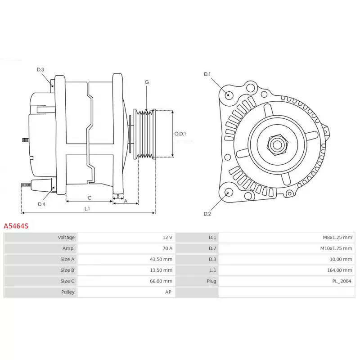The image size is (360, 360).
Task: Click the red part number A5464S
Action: [16, 226]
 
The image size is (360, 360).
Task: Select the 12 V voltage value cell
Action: [167, 238]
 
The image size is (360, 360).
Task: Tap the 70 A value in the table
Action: [167, 248]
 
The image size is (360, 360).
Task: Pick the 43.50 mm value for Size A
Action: [161, 259]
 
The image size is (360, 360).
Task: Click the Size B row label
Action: [67, 270]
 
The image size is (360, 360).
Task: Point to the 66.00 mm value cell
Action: [161, 281]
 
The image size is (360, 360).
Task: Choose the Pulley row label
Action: [68, 292]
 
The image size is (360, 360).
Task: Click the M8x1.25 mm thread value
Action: [337, 238]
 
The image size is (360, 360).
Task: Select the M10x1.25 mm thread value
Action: [336, 248]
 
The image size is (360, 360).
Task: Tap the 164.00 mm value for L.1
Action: [339, 270]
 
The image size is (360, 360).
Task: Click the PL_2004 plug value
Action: [342, 281]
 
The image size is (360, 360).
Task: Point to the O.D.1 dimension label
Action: [180, 134]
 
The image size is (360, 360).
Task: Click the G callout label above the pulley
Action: [147, 82]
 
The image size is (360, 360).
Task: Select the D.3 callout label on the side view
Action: [40, 70]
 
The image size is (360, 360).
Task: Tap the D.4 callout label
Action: [41, 204]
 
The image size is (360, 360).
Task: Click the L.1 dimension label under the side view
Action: [87, 208]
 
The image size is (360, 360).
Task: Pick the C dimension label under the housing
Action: [89, 198]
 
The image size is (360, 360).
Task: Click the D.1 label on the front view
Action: [207, 74]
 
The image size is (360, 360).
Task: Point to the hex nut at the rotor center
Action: [277, 144]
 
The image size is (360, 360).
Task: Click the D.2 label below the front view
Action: [207, 214]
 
